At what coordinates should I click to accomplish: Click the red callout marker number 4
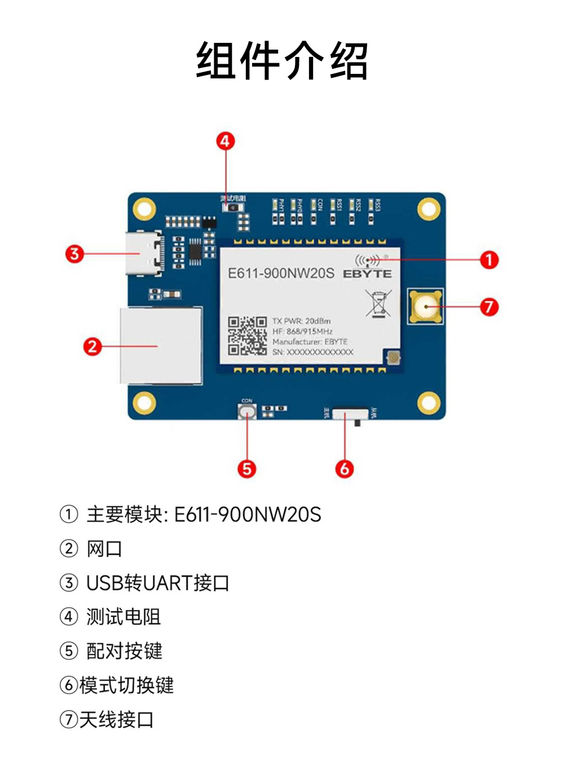click(x=226, y=141)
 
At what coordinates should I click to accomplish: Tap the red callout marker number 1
click(x=489, y=260)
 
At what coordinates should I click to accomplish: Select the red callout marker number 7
click(x=489, y=307)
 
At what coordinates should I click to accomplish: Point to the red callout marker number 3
click(x=74, y=254)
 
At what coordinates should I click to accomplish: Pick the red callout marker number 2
click(x=92, y=346)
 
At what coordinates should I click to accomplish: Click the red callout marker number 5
click(x=247, y=469)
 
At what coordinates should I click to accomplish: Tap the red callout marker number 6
click(x=345, y=469)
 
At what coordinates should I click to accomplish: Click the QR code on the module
click(x=247, y=335)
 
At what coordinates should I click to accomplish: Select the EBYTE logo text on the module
click(x=367, y=274)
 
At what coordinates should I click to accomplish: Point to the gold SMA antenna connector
click(x=425, y=307)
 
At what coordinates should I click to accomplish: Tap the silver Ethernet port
click(x=161, y=346)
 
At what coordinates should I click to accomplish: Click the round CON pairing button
click(x=247, y=412)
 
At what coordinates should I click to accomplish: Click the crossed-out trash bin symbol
click(x=378, y=303)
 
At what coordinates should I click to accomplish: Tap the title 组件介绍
click(x=282, y=60)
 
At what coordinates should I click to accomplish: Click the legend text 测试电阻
click(x=124, y=617)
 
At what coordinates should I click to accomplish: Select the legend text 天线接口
click(x=116, y=719)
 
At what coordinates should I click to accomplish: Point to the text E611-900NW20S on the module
click(x=281, y=273)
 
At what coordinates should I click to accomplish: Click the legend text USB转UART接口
click(x=157, y=582)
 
